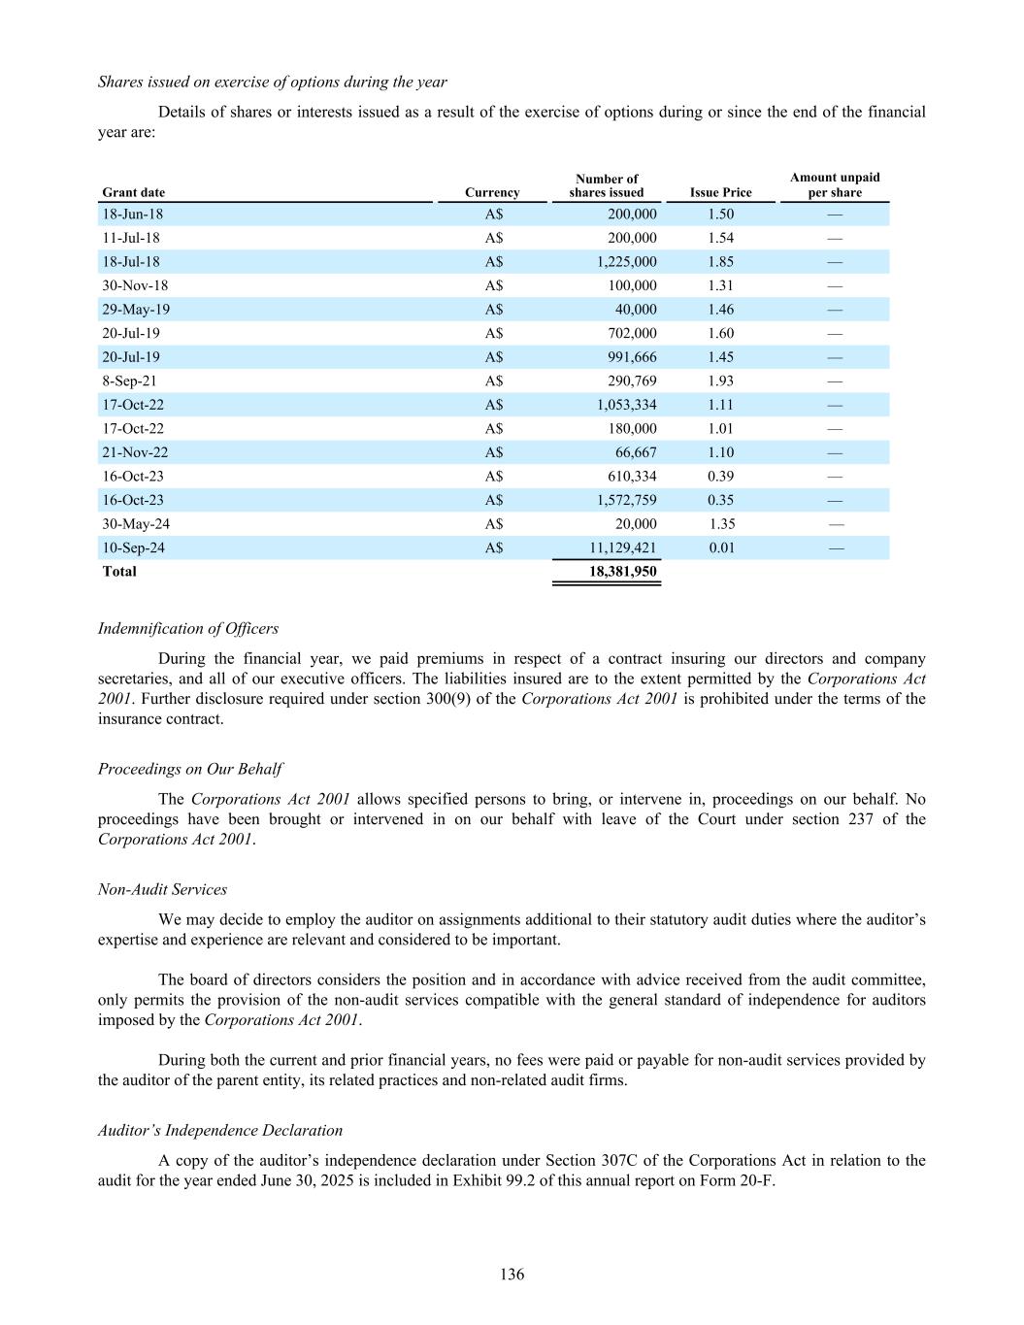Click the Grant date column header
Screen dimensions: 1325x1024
134,192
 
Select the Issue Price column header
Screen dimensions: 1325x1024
720,192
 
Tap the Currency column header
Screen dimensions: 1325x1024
492,192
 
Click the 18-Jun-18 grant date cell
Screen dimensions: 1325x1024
133,214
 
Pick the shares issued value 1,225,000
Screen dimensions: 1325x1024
626,261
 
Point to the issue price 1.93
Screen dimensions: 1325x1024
720,381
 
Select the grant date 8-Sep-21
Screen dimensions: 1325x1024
129,381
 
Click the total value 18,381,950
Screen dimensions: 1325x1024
623,571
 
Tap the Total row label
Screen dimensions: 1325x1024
119,571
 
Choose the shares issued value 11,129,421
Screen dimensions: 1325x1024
623,547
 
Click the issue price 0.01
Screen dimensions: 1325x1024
721,547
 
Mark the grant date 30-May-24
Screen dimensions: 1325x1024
136,523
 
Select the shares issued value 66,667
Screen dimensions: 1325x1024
636,452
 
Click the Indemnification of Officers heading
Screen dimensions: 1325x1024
188,628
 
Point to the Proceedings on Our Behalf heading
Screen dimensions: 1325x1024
190,769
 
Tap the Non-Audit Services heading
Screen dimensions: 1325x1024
162,889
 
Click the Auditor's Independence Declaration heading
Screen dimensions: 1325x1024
220,1130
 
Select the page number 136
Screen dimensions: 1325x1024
512,1274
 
